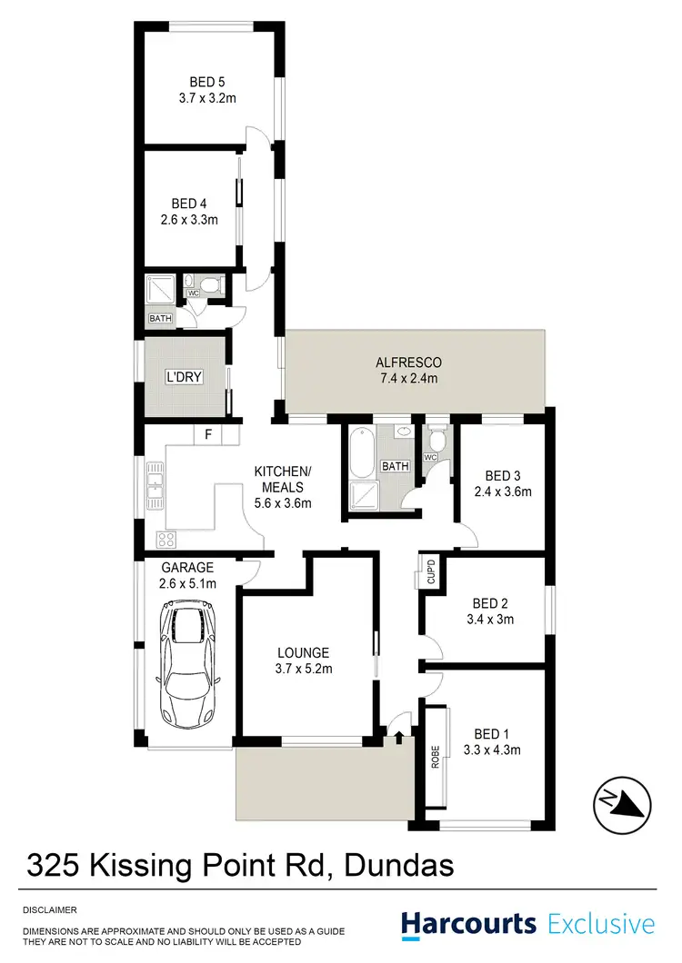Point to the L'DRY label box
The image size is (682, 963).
point(183,377)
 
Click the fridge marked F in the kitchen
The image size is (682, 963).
point(208,435)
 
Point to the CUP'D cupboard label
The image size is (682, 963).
point(426,571)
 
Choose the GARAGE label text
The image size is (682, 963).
point(188,567)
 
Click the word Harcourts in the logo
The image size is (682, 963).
point(469,925)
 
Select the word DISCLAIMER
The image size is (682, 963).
point(50,909)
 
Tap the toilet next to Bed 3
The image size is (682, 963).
point(436,442)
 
